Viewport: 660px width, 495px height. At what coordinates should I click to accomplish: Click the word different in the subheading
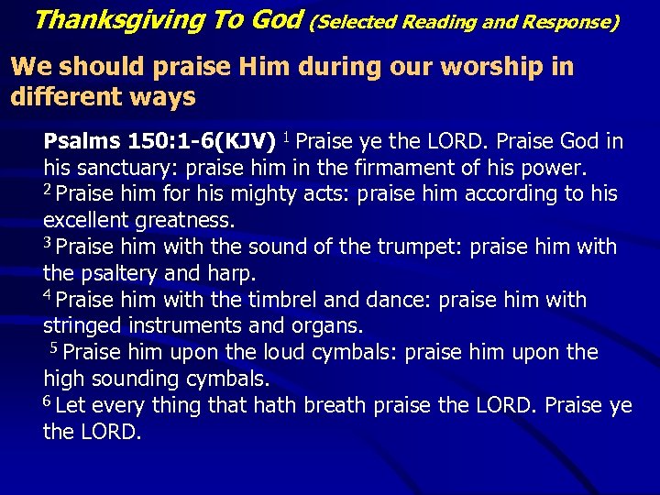[x=63, y=96]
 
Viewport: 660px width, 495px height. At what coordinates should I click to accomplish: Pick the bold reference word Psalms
[x=81, y=142]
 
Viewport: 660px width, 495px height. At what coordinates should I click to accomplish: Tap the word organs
[x=328, y=325]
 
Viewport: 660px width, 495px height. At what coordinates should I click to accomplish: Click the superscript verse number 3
[x=49, y=243]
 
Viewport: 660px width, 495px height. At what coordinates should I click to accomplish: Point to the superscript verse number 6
[x=49, y=401]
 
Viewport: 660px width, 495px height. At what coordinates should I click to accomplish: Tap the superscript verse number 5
[x=54, y=348]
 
